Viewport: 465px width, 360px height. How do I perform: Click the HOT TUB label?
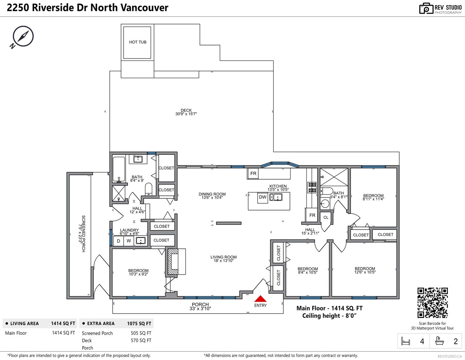138,42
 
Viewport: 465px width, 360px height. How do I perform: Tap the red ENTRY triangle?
260,299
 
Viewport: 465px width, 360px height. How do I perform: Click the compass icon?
22,37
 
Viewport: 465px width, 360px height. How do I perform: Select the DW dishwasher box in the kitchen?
263,197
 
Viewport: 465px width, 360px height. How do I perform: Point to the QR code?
432,303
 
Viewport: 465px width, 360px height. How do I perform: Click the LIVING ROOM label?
223,257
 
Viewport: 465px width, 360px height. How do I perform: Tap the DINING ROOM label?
212,194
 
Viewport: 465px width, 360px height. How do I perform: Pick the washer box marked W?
129,241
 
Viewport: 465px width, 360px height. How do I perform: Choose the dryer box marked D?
118,241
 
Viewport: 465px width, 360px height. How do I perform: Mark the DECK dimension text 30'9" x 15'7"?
186,114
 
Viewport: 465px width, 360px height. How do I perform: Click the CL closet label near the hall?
326,217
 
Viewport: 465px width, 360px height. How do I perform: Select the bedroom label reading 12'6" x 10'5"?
365,272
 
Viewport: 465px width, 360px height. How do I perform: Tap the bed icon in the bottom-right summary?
405,341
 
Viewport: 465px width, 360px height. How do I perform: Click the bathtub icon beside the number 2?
440,341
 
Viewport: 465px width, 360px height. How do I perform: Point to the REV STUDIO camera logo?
426,8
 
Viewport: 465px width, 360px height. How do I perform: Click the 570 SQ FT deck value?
141,340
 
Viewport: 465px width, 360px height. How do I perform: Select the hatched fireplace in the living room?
173,261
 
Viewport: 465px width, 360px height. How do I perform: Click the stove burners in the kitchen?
312,187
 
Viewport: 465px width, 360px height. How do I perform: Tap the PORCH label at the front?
200,304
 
